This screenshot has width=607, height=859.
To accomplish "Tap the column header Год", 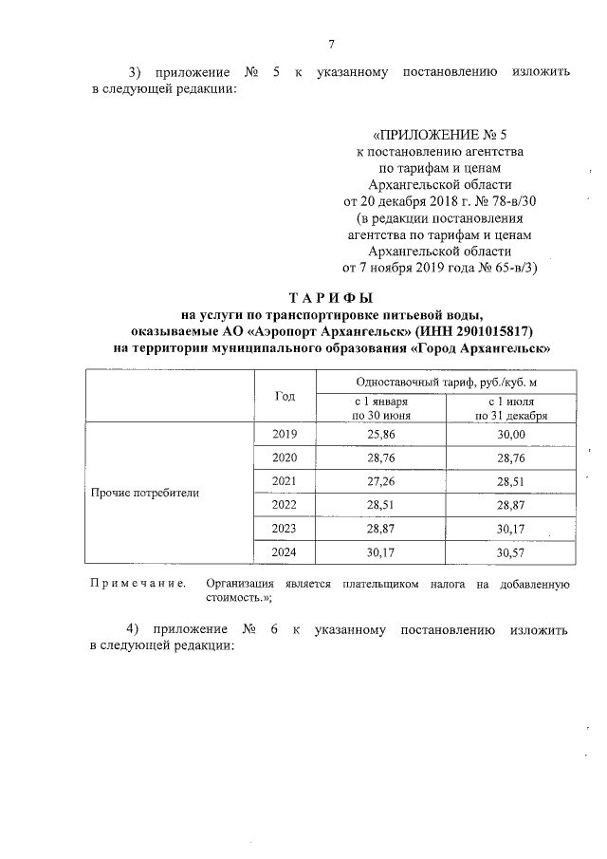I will pos(285,396).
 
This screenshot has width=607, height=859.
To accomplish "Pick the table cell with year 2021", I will pos(285,480).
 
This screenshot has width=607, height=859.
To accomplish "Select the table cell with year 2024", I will pos(285,551).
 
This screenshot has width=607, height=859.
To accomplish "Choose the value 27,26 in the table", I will pos(381,480).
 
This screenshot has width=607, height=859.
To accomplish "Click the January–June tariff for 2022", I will pos(381,504).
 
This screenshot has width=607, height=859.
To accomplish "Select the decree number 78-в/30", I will pos(511,201).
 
